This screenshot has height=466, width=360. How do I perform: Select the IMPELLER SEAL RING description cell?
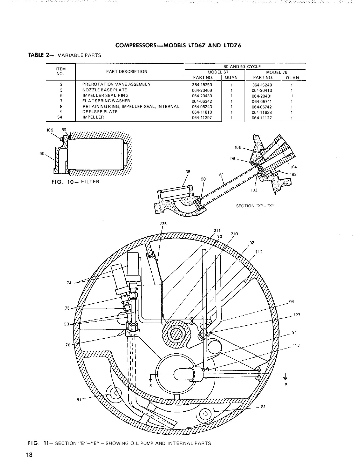click(x=105, y=96)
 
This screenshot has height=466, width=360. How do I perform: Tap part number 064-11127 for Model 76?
click(x=262, y=118)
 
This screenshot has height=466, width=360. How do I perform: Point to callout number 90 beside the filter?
click(x=42, y=154)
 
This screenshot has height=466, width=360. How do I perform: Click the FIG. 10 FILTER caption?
click(x=75, y=182)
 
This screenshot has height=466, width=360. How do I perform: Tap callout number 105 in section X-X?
click(x=238, y=148)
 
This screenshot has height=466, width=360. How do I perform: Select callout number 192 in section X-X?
click(x=293, y=174)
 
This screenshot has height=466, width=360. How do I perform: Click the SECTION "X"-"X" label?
click(x=255, y=206)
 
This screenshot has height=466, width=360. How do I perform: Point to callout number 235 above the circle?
click(x=163, y=224)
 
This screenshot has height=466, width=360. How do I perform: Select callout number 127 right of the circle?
click(x=297, y=315)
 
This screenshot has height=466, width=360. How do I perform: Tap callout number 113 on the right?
click(x=296, y=345)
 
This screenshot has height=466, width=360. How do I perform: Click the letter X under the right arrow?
click(x=286, y=384)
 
